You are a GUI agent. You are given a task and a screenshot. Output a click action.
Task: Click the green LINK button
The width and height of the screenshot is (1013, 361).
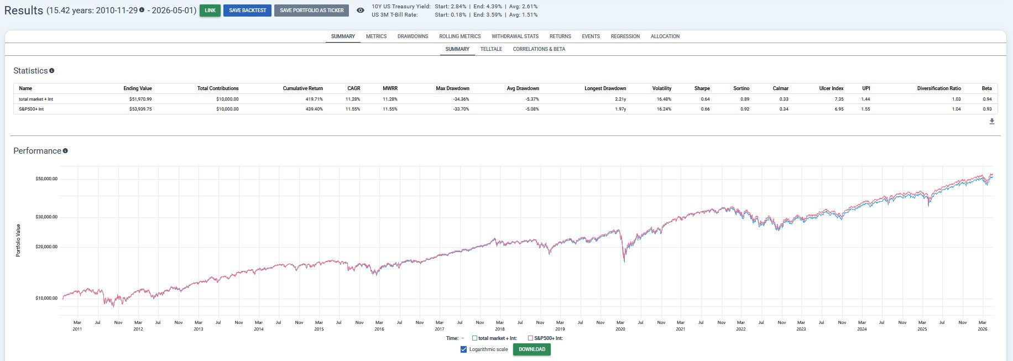click(x=210, y=11)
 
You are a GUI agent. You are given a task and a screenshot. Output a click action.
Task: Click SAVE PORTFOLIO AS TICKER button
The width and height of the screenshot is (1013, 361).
click(x=311, y=11)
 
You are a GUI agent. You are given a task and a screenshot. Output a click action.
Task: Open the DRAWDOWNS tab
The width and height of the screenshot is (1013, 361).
click(x=412, y=36)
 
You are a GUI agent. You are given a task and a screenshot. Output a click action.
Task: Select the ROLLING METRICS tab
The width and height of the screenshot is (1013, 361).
click(x=460, y=36)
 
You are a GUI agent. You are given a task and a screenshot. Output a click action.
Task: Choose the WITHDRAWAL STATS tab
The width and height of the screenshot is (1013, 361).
click(x=515, y=36)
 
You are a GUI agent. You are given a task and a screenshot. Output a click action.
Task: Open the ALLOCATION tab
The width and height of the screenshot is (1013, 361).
click(x=665, y=36)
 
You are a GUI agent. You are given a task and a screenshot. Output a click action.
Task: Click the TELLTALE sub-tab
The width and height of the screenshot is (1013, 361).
click(x=491, y=49)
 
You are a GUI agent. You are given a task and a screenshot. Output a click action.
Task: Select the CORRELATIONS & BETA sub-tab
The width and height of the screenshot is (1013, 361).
click(x=539, y=49)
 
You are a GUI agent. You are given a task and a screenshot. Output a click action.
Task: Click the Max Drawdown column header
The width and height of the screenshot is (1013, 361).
click(x=452, y=88)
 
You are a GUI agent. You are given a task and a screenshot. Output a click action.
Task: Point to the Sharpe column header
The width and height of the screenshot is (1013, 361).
click(x=702, y=88)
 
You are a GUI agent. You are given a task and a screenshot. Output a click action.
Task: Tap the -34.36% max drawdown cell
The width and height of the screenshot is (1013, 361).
click(x=461, y=99)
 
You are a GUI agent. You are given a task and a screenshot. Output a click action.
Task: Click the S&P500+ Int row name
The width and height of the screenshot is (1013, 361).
click(x=31, y=109)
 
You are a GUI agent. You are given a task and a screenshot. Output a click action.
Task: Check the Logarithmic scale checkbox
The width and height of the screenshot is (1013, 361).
click(x=463, y=349)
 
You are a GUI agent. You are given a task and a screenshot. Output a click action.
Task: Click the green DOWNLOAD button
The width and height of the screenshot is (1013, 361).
click(x=532, y=349)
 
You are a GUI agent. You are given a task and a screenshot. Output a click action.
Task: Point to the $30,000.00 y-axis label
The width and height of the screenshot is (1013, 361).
click(x=46, y=217)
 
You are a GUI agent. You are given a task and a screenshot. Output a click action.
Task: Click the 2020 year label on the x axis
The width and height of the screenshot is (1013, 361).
click(x=620, y=329)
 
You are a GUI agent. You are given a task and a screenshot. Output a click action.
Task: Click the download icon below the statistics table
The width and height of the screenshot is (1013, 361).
click(x=992, y=122)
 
